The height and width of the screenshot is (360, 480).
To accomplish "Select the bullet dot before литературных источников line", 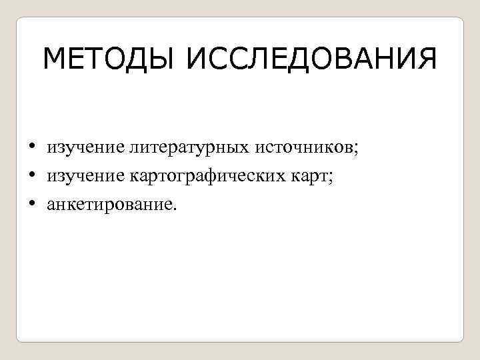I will pos(31,147).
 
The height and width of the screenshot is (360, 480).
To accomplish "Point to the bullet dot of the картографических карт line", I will pos(31,175).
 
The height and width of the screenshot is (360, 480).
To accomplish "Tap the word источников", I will pos(303,147).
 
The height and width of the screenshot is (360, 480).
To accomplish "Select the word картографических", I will pos(202,176).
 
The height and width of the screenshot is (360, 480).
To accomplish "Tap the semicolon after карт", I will pos(331,177).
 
